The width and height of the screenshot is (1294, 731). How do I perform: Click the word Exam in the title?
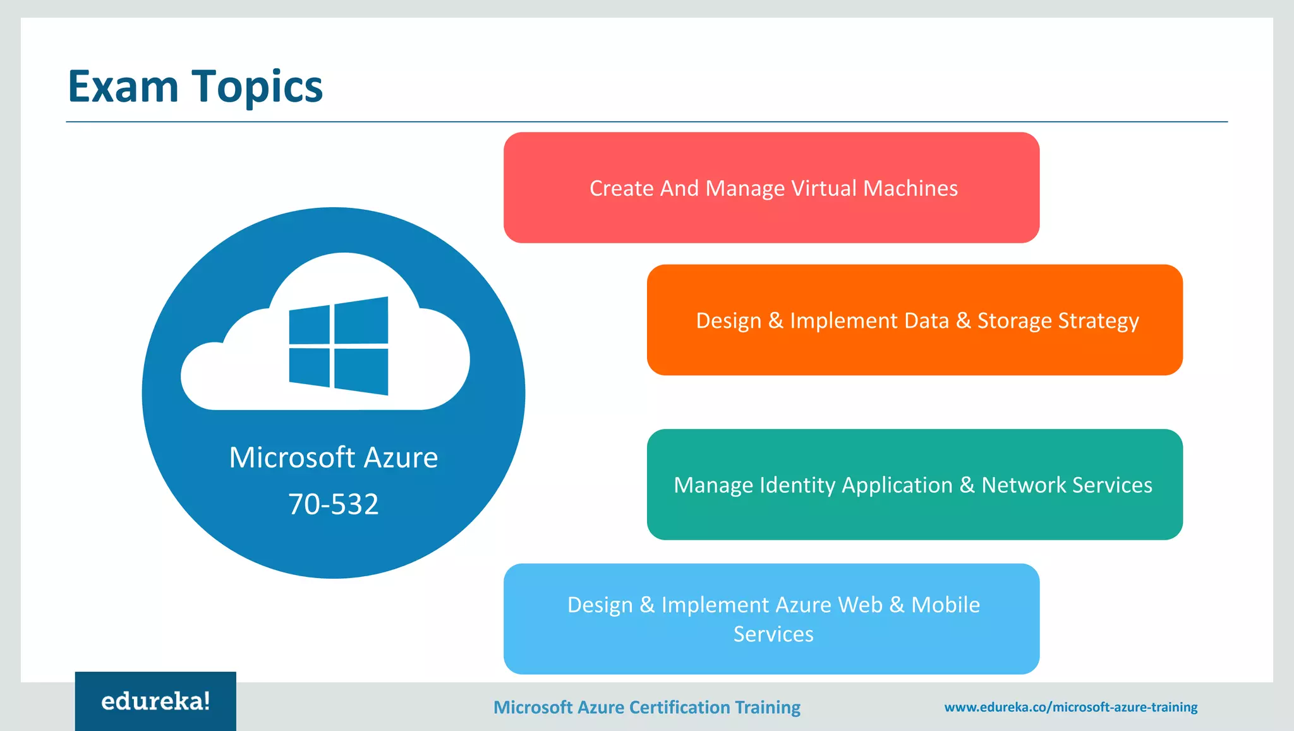click(123, 87)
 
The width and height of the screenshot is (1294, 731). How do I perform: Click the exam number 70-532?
click(334, 504)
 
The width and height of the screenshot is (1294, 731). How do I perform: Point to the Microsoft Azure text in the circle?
click(334, 457)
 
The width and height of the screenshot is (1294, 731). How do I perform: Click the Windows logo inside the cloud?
click(339, 346)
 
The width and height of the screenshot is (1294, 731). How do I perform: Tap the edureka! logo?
click(155, 701)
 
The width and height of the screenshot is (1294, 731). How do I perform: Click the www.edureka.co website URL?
click(1071, 707)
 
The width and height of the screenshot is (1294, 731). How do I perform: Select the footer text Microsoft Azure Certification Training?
click(646, 707)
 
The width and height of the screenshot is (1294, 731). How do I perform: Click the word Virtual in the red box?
click(824, 188)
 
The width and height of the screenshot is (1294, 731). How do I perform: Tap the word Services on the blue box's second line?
click(773, 634)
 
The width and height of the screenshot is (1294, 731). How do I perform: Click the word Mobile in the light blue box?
click(945, 605)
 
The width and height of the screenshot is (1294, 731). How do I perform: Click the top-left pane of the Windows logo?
click(310, 325)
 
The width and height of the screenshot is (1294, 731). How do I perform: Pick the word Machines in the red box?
click(910, 188)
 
